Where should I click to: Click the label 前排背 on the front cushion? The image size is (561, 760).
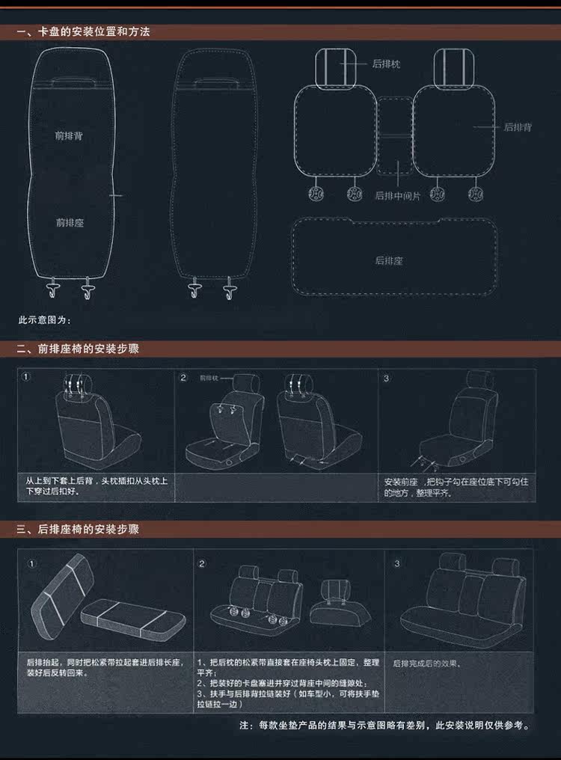pyautogui.click(x=69, y=136)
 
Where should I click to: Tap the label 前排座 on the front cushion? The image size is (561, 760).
pyautogui.click(x=69, y=223)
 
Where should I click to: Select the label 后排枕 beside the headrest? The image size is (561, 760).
pyautogui.click(x=386, y=64)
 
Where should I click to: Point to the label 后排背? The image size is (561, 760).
pyautogui.click(x=518, y=127)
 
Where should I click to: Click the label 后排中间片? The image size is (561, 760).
pyautogui.click(x=398, y=196)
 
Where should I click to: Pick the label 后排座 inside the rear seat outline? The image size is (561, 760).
pyautogui.click(x=389, y=261)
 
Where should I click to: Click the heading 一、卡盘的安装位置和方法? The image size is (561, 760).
pyautogui.click(x=83, y=32)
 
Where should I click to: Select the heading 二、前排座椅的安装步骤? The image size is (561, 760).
pyautogui.click(x=78, y=349)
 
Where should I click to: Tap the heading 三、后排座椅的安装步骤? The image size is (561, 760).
pyautogui.click(x=78, y=530)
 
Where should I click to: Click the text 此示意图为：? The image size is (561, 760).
pyautogui.click(x=44, y=320)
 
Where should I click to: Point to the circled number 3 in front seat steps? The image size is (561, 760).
pyautogui.click(x=387, y=379)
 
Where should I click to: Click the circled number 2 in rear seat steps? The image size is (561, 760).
pyautogui.click(x=201, y=564)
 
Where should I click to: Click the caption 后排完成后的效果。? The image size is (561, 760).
pyautogui.click(x=427, y=664)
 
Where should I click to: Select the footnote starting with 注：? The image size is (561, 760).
pyautogui.click(x=384, y=726)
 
